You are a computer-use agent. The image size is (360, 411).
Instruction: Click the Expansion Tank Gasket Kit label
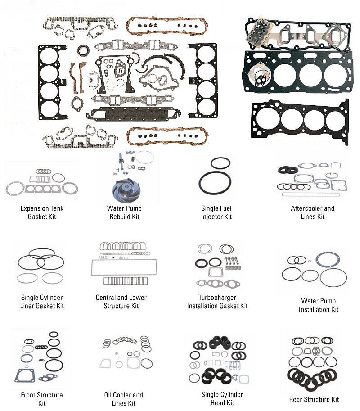[41, 212]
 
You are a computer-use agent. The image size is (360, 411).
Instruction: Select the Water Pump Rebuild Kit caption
[124, 212]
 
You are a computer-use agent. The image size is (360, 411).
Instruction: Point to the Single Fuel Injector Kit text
[216, 212]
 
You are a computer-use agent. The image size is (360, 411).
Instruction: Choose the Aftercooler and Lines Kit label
[312, 212]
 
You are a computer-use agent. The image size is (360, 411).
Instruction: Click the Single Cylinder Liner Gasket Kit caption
[42, 302]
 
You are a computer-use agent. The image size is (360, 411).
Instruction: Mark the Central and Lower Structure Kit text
[121, 302]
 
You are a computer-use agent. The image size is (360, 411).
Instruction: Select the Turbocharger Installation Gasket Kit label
[217, 302]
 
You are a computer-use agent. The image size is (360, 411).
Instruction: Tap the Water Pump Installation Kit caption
[318, 305]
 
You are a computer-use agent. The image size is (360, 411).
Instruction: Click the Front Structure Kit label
[42, 399]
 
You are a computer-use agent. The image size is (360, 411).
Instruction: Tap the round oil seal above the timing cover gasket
[83, 50]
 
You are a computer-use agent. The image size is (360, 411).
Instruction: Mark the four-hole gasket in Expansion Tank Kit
[41, 188]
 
